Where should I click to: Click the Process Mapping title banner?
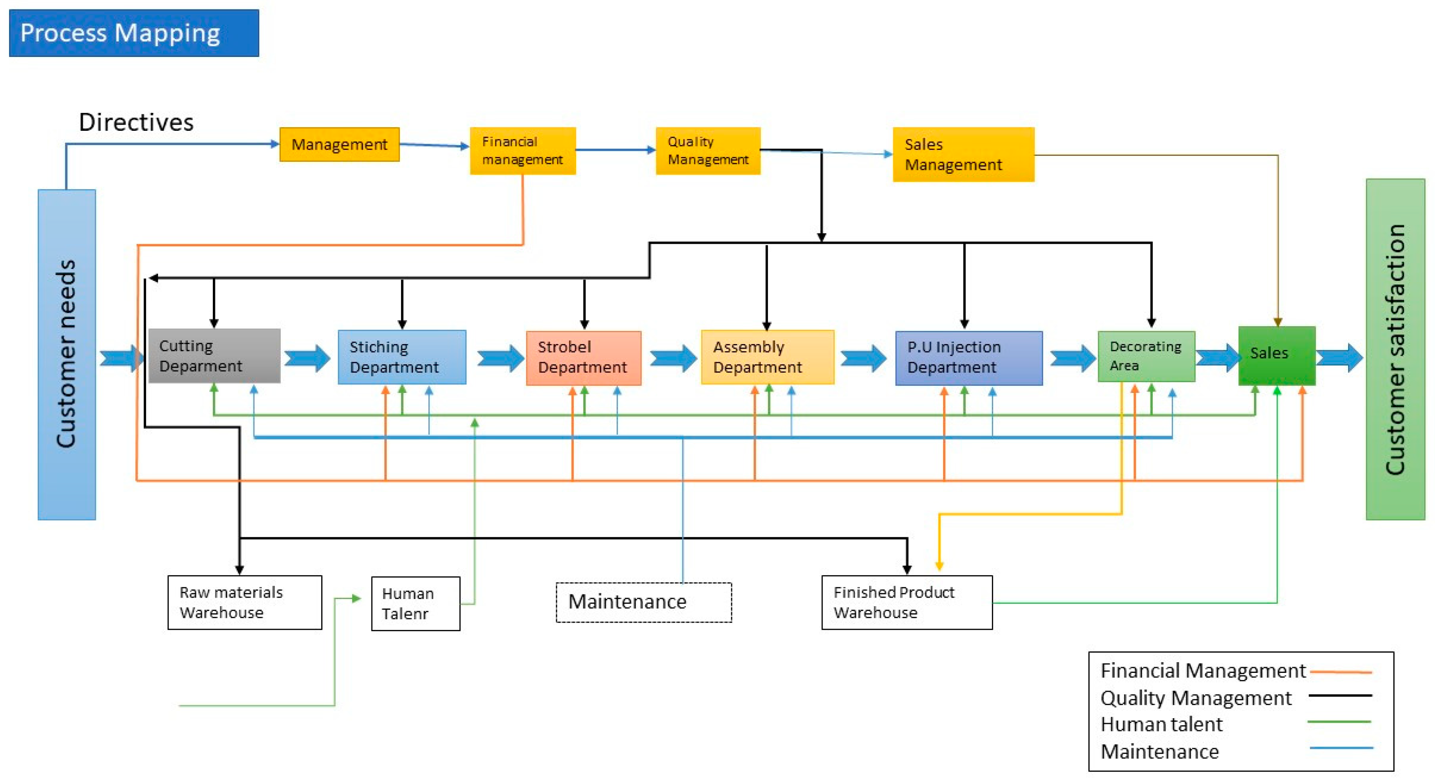[134, 33]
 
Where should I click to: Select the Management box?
[339, 145]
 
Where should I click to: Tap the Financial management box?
[522, 151]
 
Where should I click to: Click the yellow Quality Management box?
[707, 151]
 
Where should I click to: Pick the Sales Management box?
[963, 155]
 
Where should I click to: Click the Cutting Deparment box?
[214, 356]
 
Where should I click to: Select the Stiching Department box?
[401, 357]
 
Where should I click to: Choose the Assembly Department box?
[767, 357]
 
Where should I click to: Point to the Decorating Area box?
[1146, 357]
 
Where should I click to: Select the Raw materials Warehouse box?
[245, 603]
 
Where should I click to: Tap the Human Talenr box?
[416, 603]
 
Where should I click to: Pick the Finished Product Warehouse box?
[906, 603]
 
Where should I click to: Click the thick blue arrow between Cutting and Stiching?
[307, 358]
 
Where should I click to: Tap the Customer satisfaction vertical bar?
[1395, 349]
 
